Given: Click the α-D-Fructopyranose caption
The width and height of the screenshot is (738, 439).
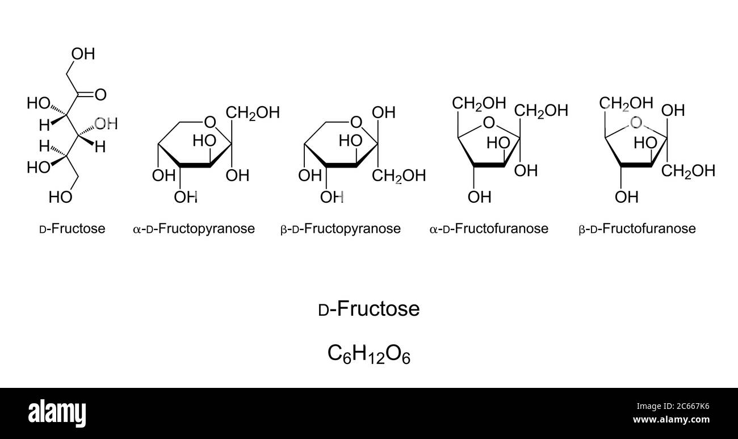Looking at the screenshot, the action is (194, 229).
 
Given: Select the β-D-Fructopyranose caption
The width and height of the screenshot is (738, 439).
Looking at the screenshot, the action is (341, 229).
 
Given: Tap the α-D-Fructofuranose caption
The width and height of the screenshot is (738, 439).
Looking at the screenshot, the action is (489, 229).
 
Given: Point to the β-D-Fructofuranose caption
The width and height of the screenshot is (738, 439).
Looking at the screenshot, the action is (637, 229).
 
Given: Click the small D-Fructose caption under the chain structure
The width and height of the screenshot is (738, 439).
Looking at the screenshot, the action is (72, 229).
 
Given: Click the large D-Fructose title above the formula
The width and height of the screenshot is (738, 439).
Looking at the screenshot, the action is (369, 310).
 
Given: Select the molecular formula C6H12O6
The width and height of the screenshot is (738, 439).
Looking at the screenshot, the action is (369, 354).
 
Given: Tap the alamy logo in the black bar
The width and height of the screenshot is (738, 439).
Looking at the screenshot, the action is (57, 411).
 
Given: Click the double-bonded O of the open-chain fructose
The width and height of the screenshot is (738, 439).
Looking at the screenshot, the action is (101, 94).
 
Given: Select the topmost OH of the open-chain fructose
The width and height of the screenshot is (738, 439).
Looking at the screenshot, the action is (83, 55).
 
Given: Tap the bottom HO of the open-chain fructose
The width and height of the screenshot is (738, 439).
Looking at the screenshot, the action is (60, 197).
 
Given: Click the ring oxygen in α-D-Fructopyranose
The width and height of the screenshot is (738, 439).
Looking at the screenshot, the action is (209, 122).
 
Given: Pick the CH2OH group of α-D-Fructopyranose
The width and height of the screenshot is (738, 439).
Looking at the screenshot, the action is (254, 112).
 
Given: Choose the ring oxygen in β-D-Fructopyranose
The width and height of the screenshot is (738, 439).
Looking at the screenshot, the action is (356, 122).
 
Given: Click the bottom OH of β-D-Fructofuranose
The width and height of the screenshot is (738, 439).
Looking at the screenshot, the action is (627, 198).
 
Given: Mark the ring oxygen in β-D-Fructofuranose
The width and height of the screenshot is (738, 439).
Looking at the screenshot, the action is (636, 123).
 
